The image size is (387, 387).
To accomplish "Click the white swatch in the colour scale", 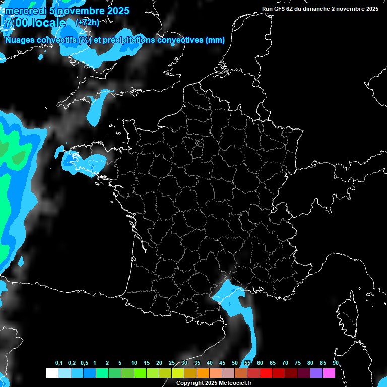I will point(51,373).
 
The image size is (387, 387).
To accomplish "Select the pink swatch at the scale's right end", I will point(329,373).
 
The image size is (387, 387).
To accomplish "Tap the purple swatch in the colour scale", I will point(316,373).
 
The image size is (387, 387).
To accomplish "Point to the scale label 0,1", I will point(59,363).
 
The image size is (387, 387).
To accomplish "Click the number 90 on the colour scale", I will point(335,363).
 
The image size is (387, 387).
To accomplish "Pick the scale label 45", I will point(222,363).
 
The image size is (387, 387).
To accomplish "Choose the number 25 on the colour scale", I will point(172,363).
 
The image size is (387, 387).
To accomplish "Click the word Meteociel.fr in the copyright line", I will point(235,383).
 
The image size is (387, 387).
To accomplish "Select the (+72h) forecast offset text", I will point(87,23).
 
